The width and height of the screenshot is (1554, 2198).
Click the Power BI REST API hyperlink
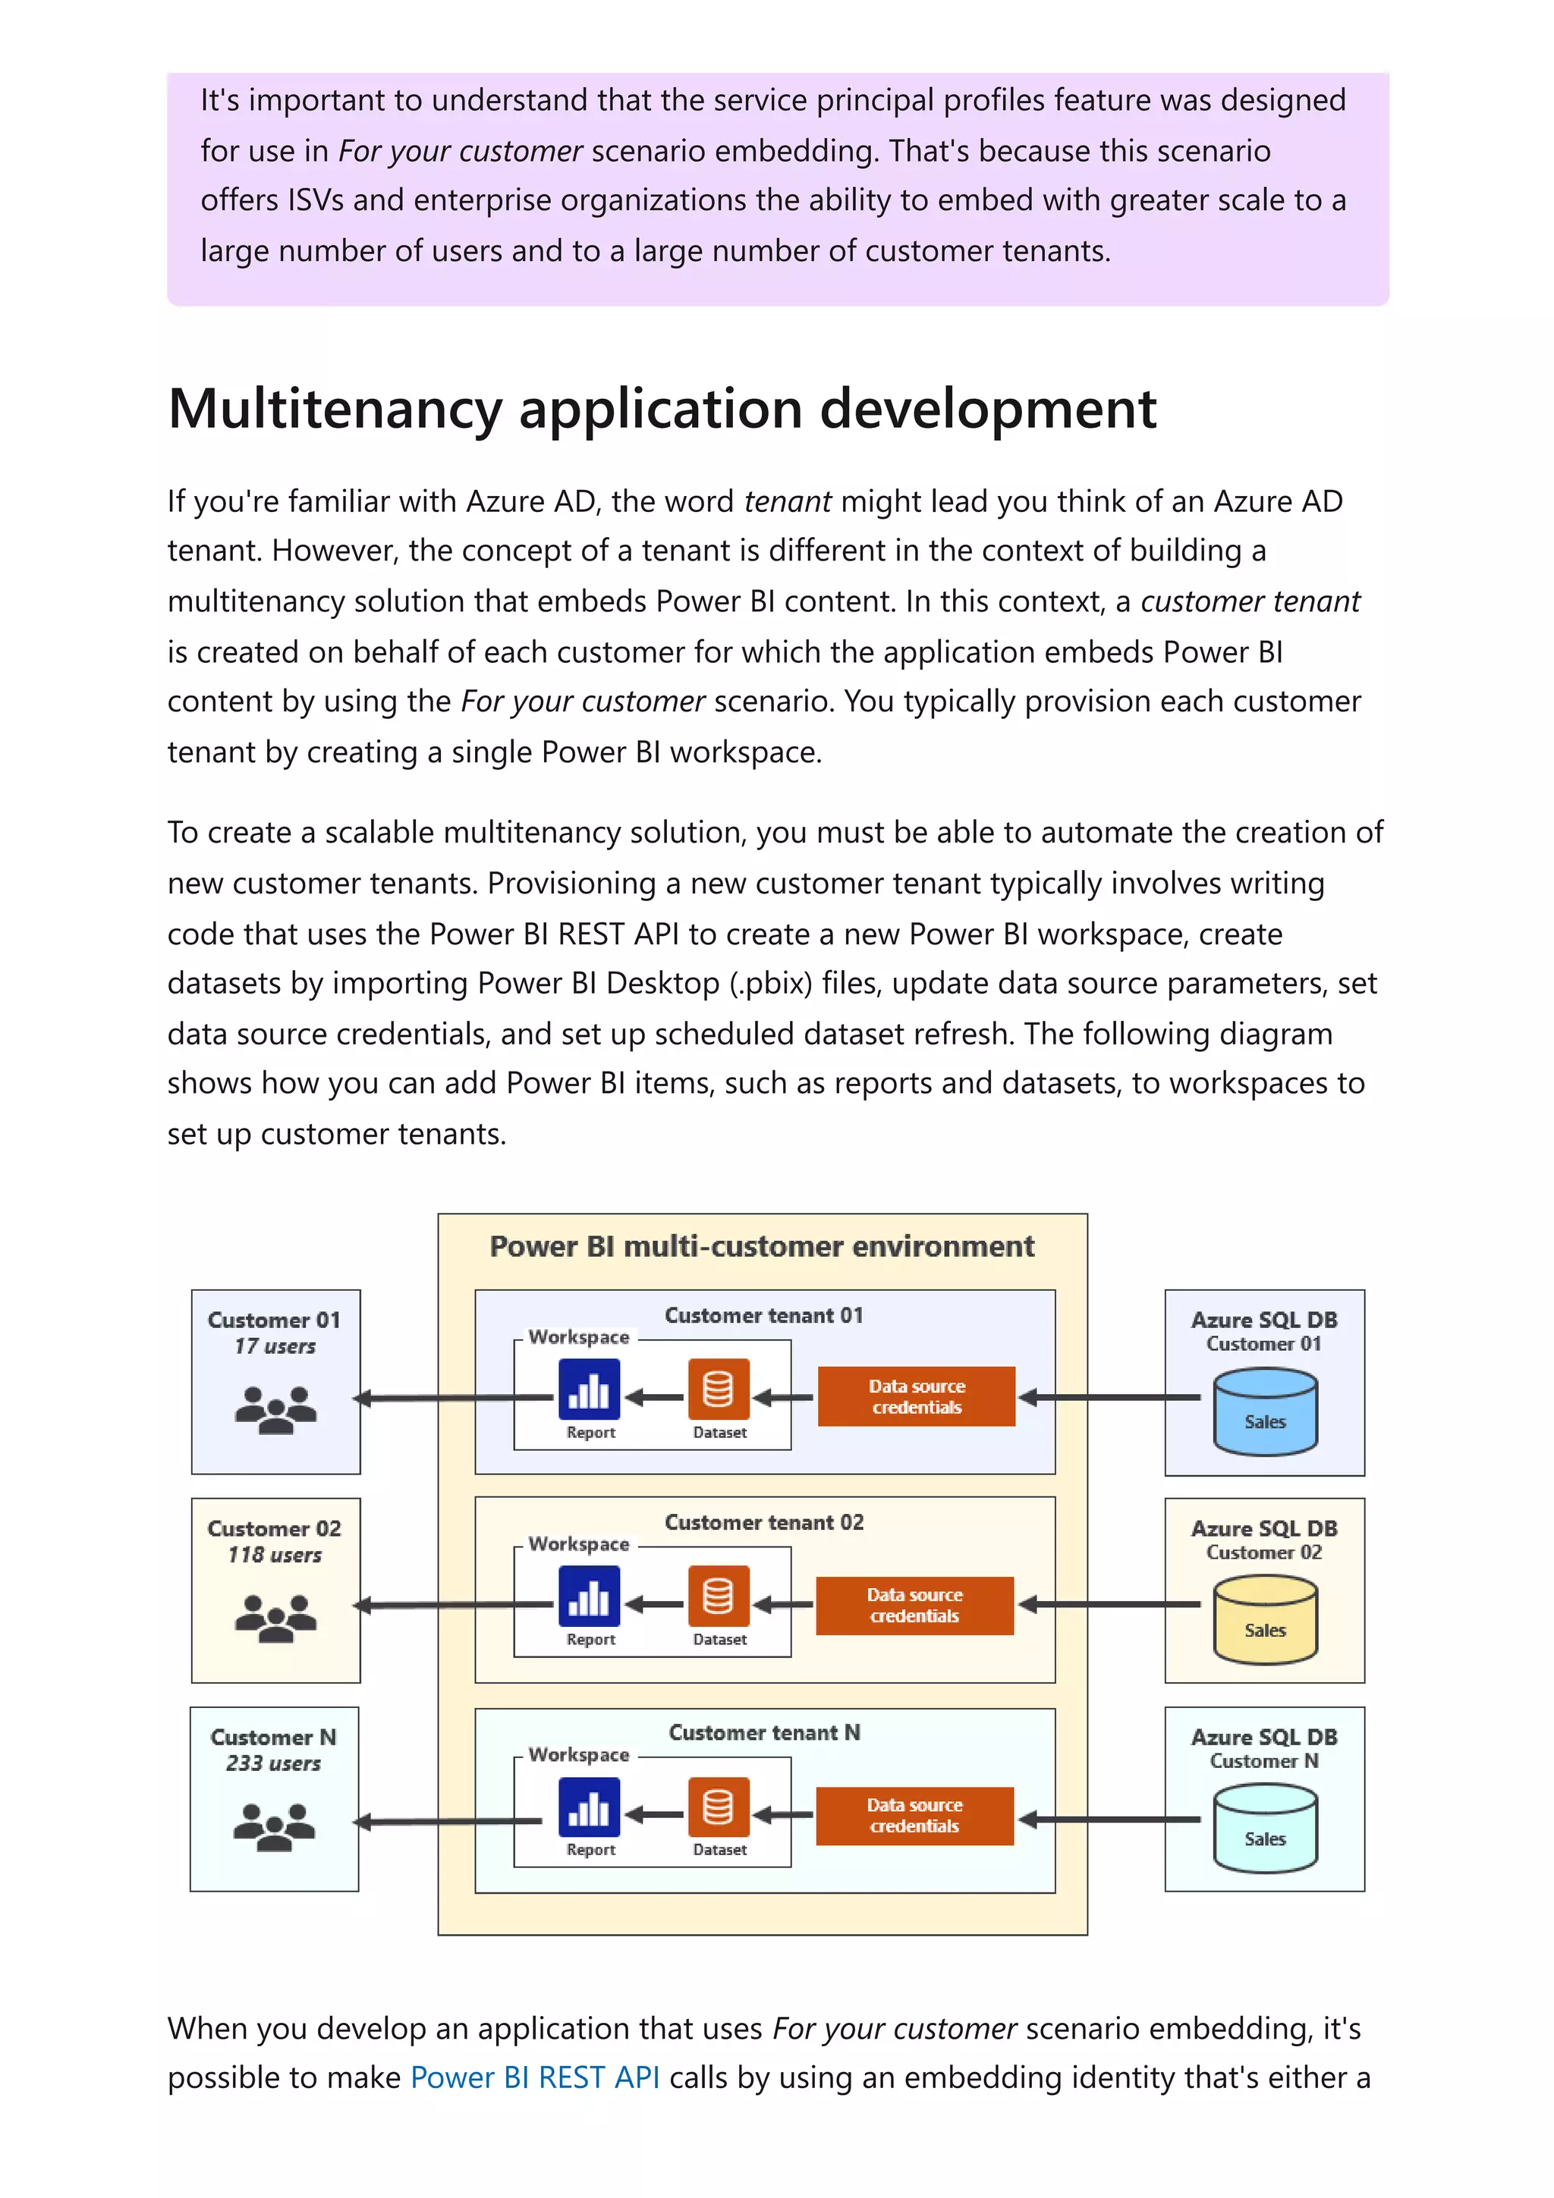click(534, 2077)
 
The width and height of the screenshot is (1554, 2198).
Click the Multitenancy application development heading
click(662, 409)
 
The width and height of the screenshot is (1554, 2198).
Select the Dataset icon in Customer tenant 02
click(718, 1596)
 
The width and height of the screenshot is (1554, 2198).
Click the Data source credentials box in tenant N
click(914, 1815)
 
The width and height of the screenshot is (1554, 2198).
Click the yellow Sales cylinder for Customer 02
click(1264, 1620)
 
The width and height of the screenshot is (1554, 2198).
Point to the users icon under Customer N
click(274, 1826)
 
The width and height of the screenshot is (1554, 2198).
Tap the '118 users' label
click(274, 1555)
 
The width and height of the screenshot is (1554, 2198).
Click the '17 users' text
click(275, 1346)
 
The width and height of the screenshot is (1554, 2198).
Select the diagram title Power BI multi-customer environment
click(761, 1246)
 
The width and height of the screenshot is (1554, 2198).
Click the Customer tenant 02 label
click(764, 1522)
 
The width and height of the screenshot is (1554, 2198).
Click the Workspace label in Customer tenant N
click(578, 1755)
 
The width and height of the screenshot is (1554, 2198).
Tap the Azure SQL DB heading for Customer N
click(1264, 1737)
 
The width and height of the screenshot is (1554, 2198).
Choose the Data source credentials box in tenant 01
click(917, 1397)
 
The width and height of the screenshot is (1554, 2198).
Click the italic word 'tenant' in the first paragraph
click(787, 501)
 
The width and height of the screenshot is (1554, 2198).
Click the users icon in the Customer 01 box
click(275, 1409)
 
